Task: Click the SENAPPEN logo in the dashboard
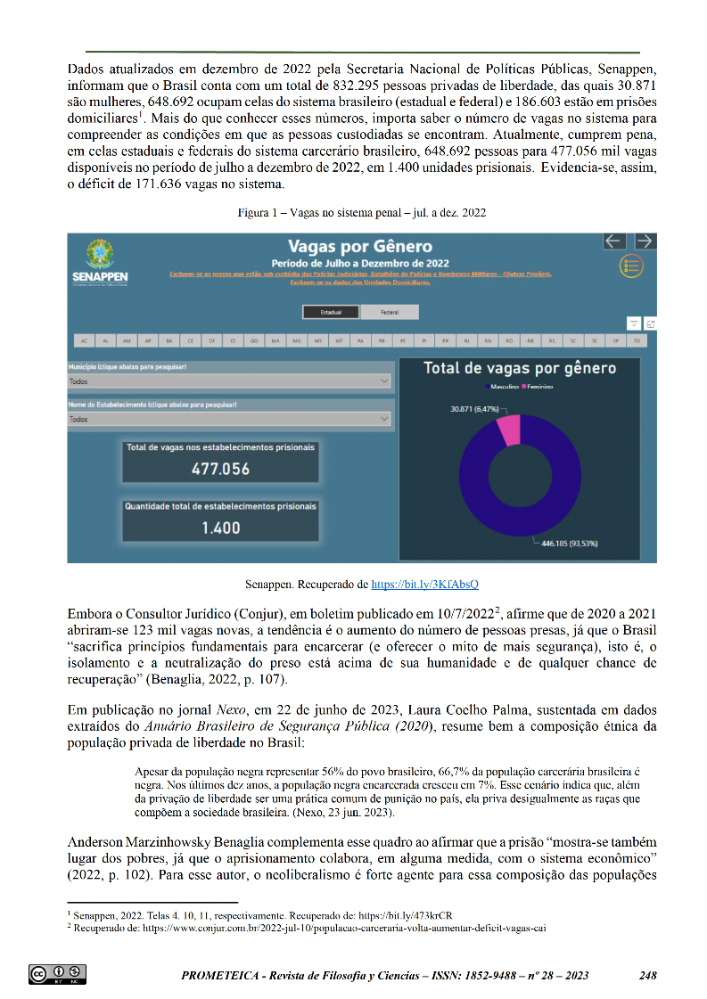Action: click(x=101, y=263)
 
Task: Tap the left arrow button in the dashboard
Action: click(x=613, y=241)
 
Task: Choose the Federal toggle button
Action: click(x=390, y=312)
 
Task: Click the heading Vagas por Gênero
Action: click(x=360, y=247)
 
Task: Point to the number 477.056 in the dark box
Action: click(x=220, y=469)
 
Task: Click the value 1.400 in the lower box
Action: click(x=220, y=528)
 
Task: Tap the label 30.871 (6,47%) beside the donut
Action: click(x=477, y=408)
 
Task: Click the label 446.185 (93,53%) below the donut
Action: click(x=569, y=543)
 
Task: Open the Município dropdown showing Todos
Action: click(x=230, y=381)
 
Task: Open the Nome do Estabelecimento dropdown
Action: click(x=230, y=419)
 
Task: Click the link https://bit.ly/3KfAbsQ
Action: click(x=424, y=585)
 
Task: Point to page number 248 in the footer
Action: click(x=648, y=975)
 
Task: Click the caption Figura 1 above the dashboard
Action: click(x=361, y=214)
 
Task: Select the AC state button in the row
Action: click(x=84, y=340)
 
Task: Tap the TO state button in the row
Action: click(x=637, y=340)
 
